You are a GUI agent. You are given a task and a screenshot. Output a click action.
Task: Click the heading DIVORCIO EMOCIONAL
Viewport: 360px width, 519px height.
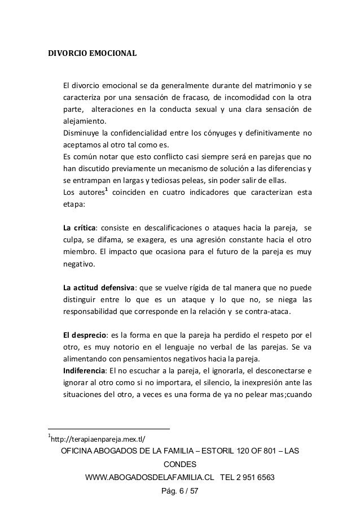91,55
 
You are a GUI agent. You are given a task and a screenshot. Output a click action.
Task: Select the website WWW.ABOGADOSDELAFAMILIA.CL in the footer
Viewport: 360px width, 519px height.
148,477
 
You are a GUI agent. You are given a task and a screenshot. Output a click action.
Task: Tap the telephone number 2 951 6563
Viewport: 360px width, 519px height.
253,477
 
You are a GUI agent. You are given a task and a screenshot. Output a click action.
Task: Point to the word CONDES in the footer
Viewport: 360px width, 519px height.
180,464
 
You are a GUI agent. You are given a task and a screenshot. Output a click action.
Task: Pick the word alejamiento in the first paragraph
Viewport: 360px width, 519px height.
84,120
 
